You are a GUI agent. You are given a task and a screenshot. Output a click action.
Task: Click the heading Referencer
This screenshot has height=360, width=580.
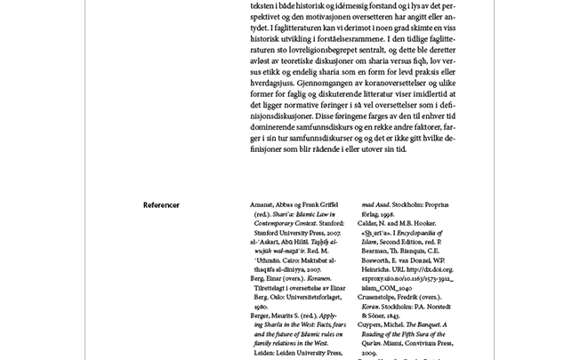(x=161, y=205)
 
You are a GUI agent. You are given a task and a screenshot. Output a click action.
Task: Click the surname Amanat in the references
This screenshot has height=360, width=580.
(x=264, y=204)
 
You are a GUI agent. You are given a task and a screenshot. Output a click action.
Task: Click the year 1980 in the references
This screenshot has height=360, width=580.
(x=261, y=307)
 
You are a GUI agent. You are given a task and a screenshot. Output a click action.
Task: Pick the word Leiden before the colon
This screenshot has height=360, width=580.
(x=265, y=353)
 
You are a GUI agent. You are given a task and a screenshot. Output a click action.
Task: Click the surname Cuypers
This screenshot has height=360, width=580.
(x=373, y=325)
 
